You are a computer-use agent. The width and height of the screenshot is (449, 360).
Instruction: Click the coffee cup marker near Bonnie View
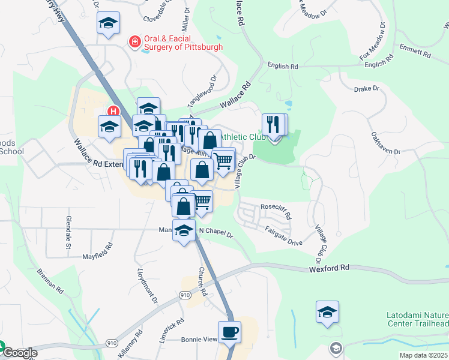tap(229, 332)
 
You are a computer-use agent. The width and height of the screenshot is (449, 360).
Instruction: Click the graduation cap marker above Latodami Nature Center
tap(328, 313)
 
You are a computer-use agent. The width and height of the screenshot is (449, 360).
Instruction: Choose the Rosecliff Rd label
tap(276, 211)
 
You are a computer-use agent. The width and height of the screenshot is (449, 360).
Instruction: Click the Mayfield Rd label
tap(97, 251)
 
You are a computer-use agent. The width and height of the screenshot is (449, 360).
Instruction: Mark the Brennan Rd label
tap(50, 280)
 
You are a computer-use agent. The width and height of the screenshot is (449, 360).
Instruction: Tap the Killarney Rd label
tap(130, 344)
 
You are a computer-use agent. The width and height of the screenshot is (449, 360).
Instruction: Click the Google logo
tap(20, 353)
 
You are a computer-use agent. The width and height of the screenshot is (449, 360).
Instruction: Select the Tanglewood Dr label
tap(200, 89)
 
